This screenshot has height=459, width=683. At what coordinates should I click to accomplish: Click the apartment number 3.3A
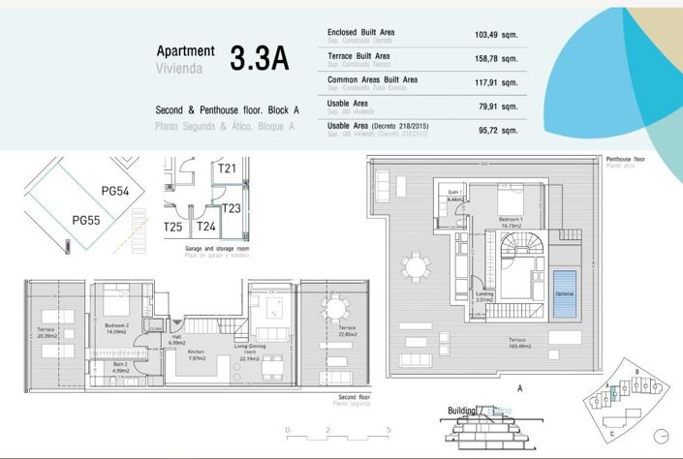[260, 59]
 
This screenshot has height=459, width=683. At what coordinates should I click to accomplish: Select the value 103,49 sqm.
[496, 35]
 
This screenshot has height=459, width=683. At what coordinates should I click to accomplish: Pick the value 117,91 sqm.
[496, 82]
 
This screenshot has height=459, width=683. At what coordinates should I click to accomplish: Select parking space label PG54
[116, 192]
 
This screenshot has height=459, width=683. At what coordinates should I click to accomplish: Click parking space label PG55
[86, 220]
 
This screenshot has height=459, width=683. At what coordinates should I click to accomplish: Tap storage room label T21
[228, 168]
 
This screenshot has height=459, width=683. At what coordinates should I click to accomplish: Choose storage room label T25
[172, 227]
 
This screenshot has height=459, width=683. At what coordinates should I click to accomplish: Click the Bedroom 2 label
[117, 326]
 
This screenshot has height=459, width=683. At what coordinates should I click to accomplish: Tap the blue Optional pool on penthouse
[564, 292]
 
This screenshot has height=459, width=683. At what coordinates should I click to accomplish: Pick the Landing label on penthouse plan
[485, 296]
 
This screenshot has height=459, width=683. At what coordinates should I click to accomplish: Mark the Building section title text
[462, 411]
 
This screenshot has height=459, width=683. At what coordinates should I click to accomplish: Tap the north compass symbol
[662, 435]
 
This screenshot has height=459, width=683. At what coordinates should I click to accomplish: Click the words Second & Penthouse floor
[210, 110]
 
